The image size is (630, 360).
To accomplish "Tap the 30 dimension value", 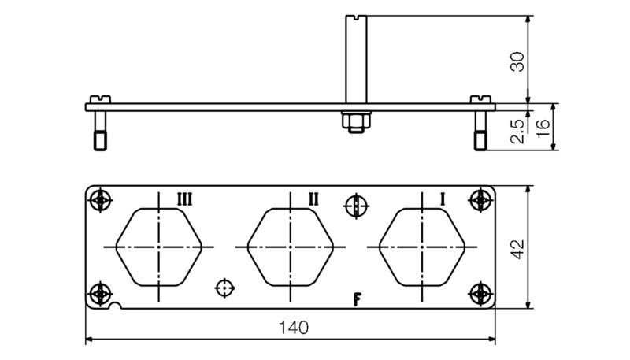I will [x=517, y=61].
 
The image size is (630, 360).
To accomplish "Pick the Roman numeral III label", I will [x=183, y=199].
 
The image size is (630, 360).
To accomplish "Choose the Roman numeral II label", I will [x=313, y=199].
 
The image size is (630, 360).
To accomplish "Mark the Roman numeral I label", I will [x=443, y=199].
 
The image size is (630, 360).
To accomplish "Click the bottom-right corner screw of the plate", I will [x=480, y=294].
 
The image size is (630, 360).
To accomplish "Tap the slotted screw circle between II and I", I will [x=356, y=206].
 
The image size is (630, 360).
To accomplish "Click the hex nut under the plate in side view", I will [x=353, y=121].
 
